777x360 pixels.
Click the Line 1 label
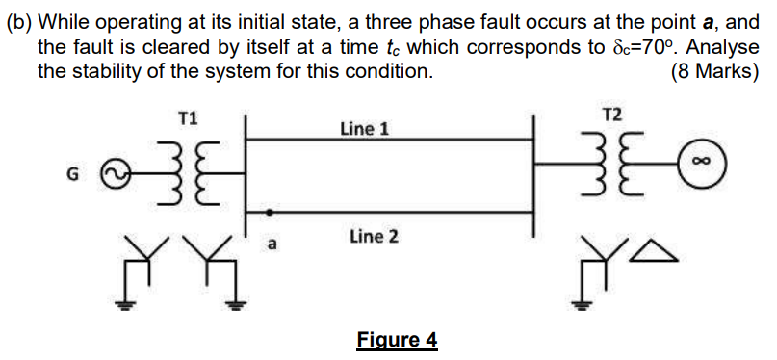click(364, 127)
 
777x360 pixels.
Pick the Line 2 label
click(374, 235)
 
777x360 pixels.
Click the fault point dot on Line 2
click(271, 212)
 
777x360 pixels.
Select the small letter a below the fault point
click(272, 244)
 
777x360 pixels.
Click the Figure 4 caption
click(397, 340)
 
